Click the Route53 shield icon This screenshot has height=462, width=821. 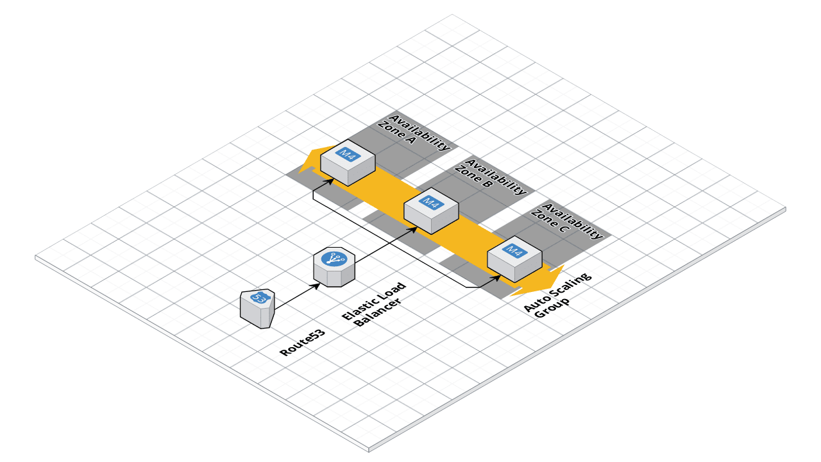258,309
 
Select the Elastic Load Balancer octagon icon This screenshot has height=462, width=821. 334,268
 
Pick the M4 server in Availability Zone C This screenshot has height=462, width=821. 515,260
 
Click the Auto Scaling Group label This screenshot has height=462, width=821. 558,297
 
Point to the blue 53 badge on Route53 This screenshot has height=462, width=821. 260,298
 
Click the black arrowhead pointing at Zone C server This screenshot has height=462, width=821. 496,278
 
